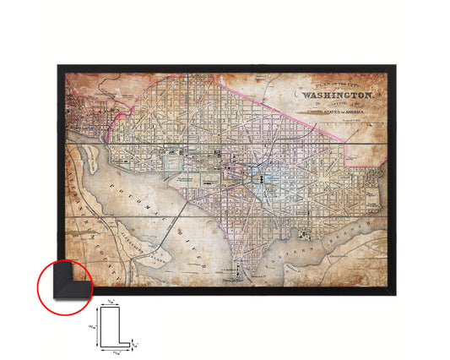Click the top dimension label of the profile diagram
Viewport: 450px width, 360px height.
(111, 302)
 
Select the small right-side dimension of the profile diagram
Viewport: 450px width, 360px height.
(138, 345)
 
